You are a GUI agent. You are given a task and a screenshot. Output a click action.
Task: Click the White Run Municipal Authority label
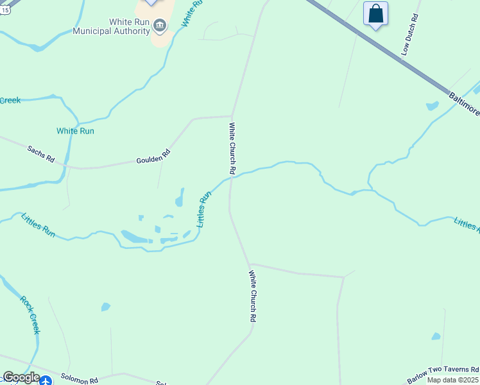[x=112, y=26]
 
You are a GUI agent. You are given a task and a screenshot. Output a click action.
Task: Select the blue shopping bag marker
[x=375, y=14]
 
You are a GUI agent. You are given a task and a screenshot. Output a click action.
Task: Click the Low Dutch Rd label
[x=409, y=35]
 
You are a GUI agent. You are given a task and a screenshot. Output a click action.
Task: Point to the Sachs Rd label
[x=40, y=153]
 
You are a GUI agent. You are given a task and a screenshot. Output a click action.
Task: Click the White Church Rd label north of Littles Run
[x=232, y=149]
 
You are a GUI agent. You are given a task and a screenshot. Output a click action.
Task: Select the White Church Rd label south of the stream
[x=253, y=296]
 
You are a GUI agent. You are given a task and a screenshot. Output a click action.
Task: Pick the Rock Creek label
[x=30, y=314]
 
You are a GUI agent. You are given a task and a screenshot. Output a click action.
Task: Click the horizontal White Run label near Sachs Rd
[x=75, y=131]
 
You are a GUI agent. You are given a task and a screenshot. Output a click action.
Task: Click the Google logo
[x=21, y=377]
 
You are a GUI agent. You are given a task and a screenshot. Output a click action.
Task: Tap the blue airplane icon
[x=45, y=381]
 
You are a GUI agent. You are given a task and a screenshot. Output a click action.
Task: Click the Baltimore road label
[x=463, y=103]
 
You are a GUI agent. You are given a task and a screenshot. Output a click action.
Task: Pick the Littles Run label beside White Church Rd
[x=204, y=209]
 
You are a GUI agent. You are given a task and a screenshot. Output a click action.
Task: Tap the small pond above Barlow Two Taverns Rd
[x=436, y=336]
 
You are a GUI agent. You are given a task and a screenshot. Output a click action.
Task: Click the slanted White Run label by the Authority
[x=192, y=13]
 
